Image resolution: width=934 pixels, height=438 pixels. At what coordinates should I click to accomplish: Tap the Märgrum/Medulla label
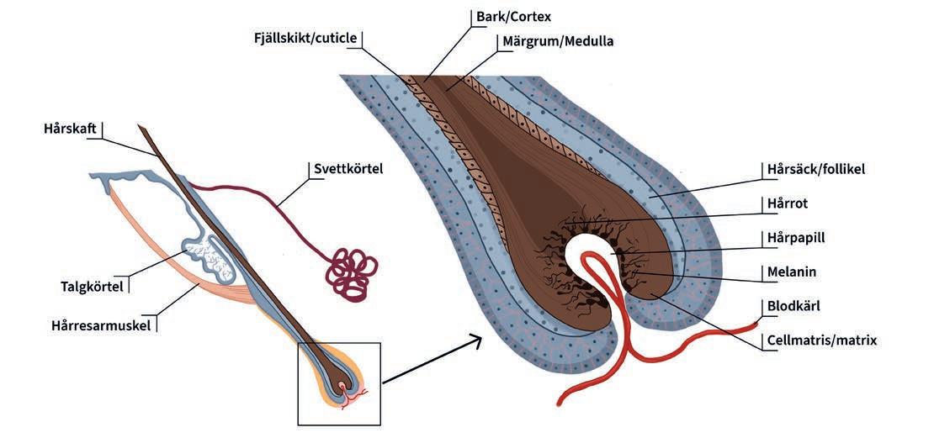(x=558, y=40)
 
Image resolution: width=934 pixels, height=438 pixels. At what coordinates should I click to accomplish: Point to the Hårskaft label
(x=69, y=129)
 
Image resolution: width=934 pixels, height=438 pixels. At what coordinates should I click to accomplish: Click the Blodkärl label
(x=795, y=306)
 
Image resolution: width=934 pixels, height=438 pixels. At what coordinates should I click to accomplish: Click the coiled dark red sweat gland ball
(x=347, y=272)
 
